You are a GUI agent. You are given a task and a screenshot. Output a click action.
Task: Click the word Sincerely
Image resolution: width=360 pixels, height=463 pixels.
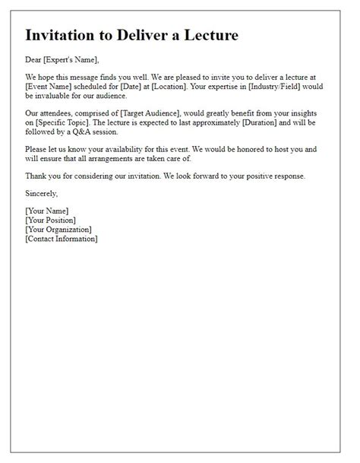(x=42, y=193)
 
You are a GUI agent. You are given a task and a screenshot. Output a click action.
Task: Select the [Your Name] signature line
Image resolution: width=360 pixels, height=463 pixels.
(x=47, y=211)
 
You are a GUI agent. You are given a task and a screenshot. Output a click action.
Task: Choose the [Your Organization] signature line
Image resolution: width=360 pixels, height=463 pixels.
(x=58, y=229)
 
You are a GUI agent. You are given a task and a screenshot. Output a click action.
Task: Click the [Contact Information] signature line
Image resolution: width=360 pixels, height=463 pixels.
(x=62, y=238)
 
